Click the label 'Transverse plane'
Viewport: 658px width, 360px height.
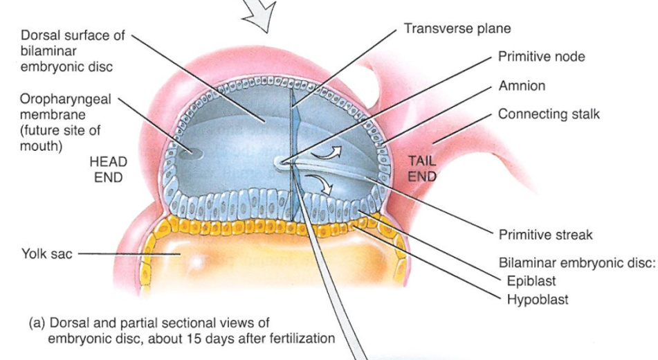click(457, 29)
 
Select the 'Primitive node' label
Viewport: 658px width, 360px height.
click(541, 57)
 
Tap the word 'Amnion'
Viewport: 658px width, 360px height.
click(522, 86)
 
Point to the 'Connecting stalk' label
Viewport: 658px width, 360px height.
click(549, 114)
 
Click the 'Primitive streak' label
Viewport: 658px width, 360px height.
click(545, 235)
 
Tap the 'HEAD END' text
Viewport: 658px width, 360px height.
click(108, 168)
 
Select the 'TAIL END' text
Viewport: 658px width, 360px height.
click(421, 168)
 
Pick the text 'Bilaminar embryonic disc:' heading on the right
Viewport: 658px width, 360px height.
click(577, 264)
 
